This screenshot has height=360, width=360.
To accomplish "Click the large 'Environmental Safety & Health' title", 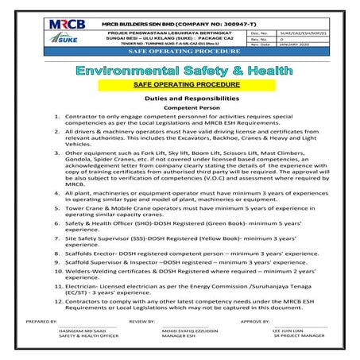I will pos(180,72).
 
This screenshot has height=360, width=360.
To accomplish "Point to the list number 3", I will pos(56,151).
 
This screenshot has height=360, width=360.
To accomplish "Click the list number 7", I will pos(56,238).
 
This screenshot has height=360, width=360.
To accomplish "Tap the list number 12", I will pos(58,302).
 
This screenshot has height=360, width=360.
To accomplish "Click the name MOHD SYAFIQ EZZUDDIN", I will pos(178,331).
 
